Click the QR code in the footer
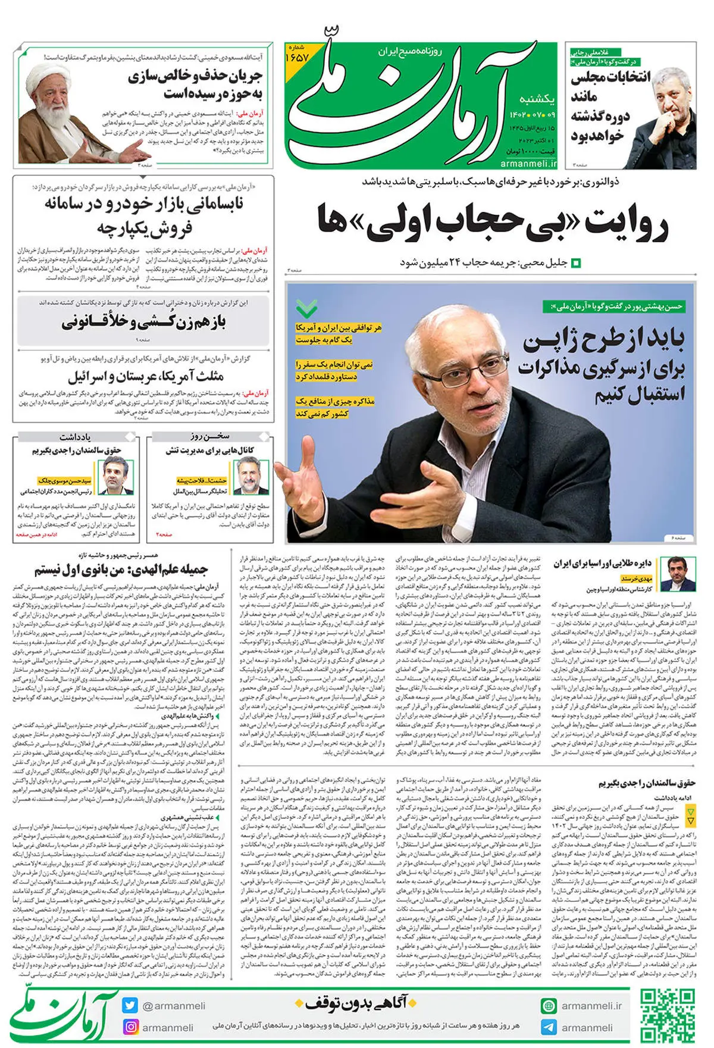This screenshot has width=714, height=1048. (666, 1015)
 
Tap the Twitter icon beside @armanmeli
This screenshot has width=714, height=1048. (129, 1005)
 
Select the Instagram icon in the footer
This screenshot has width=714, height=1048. (129, 1027)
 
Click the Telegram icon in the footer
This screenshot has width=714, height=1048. (549, 1027)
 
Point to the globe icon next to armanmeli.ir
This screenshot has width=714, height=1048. (549, 1005)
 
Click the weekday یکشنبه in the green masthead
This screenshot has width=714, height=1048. (537, 98)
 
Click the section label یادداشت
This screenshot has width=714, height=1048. (75, 437)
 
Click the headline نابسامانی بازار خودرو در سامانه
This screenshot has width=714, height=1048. (144, 204)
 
